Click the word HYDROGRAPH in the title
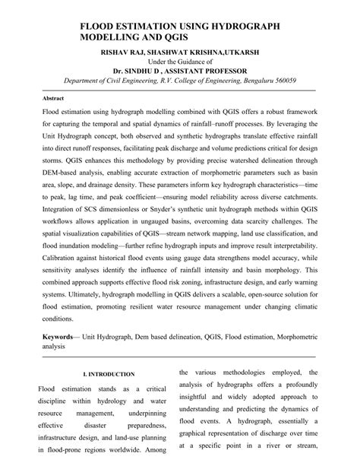241,27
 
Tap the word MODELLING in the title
113,37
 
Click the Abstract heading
52,99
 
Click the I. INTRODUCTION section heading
109,374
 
